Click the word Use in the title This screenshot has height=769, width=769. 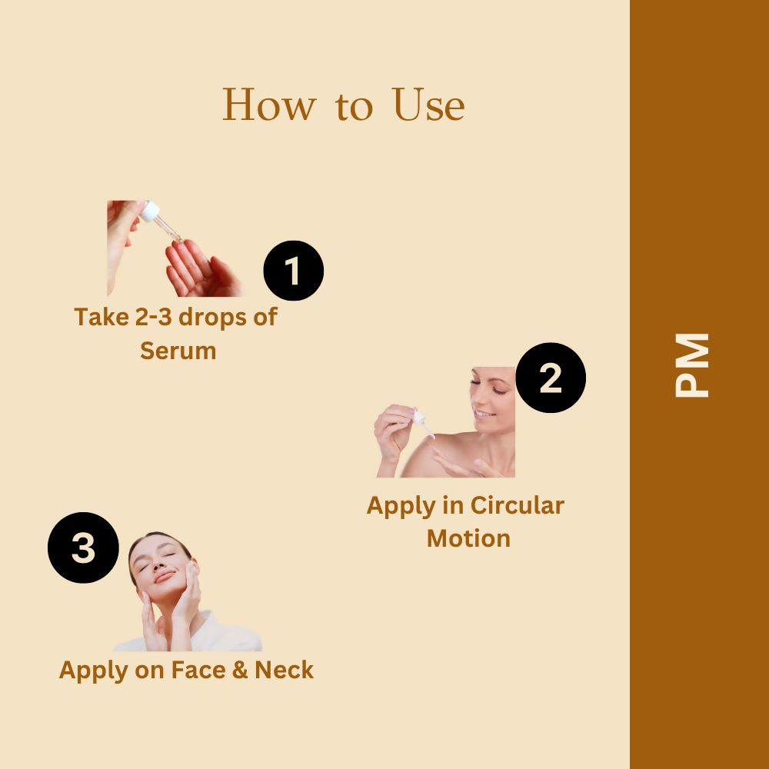(x=428, y=105)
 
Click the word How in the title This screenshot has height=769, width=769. (x=269, y=105)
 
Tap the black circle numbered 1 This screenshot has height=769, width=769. (x=293, y=270)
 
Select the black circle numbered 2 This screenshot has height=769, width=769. (x=551, y=378)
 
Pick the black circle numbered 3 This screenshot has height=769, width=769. (x=83, y=548)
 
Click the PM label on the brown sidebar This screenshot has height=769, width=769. (x=692, y=365)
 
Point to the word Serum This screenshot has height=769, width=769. (x=178, y=351)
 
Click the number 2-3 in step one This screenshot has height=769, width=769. (x=153, y=318)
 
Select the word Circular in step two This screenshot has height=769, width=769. (x=517, y=506)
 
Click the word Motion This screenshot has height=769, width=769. (x=468, y=538)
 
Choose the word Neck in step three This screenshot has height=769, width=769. (x=284, y=670)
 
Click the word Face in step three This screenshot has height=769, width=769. (x=198, y=670)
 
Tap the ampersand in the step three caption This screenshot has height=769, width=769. (x=240, y=670)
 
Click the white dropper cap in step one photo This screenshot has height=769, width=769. (x=150, y=211)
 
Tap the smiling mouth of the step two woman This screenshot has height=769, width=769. (x=484, y=414)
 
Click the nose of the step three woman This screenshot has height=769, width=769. (x=158, y=566)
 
